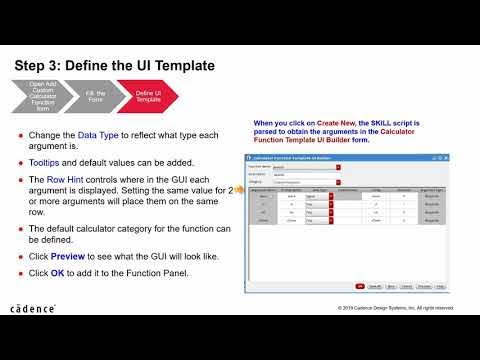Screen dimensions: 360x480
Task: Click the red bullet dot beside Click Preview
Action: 22,256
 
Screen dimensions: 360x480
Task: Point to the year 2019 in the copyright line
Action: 346,308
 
